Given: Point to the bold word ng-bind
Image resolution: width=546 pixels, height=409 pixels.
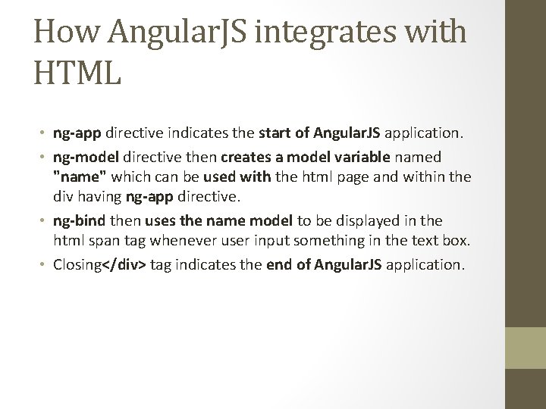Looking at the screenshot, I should (78, 220).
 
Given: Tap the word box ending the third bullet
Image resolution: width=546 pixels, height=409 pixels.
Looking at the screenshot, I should (457, 242).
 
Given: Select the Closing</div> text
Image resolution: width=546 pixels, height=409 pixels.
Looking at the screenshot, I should (100, 265).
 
